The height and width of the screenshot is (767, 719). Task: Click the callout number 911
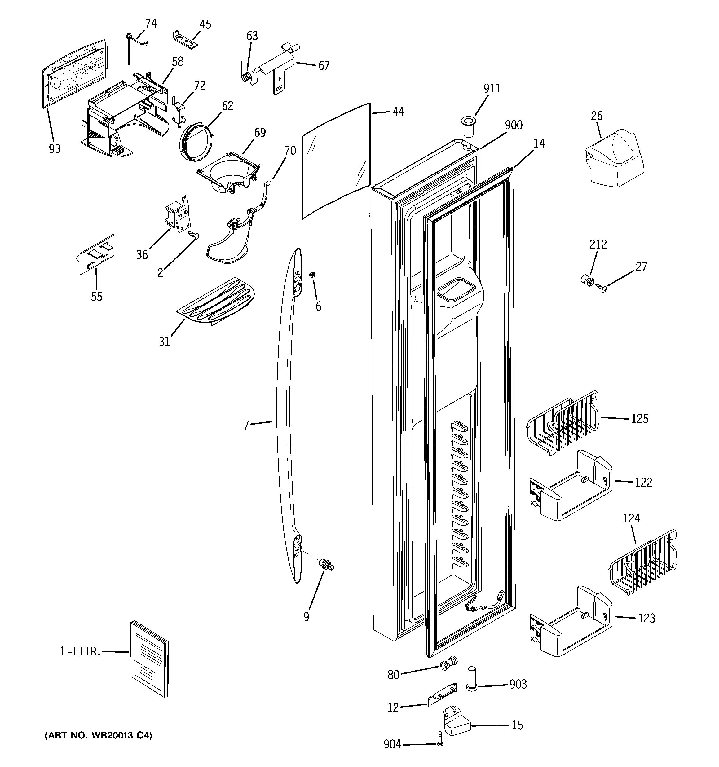492,89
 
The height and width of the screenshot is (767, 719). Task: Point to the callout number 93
55,148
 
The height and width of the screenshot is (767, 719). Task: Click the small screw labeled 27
601,288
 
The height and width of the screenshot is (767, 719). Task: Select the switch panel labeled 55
97,255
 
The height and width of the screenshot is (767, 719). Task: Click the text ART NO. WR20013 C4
99,735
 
